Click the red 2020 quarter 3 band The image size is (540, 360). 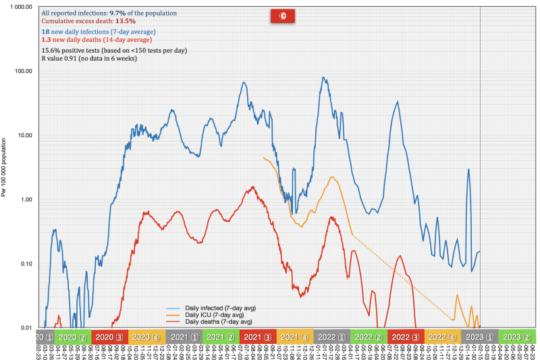point(109,336)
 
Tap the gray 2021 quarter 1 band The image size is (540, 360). point(183,336)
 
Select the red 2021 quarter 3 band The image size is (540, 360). point(257,336)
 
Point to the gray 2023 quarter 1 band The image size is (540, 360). point(480,336)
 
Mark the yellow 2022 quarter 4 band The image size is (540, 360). point(443,336)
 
